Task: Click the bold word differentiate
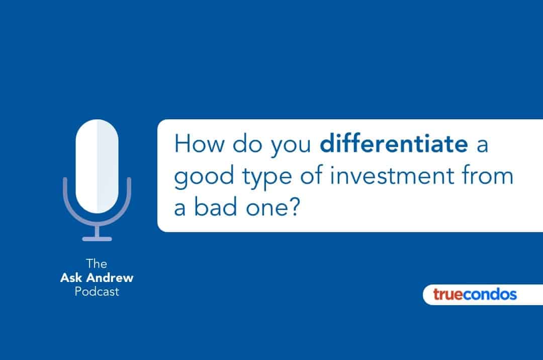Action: click(x=394, y=143)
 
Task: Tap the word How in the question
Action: click(x=199, y=143)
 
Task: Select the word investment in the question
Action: click(x=392, y=175)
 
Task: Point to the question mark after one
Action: click(x=293, y=207)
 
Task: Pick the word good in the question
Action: click(x=204, y=177)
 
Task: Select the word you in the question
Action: click(x=291, y=146)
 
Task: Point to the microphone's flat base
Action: click(x=97, y=239)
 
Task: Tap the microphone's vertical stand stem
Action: click(x=97, y=231)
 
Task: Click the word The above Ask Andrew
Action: click(x=97, y=264)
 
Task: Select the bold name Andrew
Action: click(x=110, y=277)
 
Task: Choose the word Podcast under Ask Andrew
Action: click(x=97, y=292)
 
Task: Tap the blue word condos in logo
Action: click(x=490, y=295)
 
